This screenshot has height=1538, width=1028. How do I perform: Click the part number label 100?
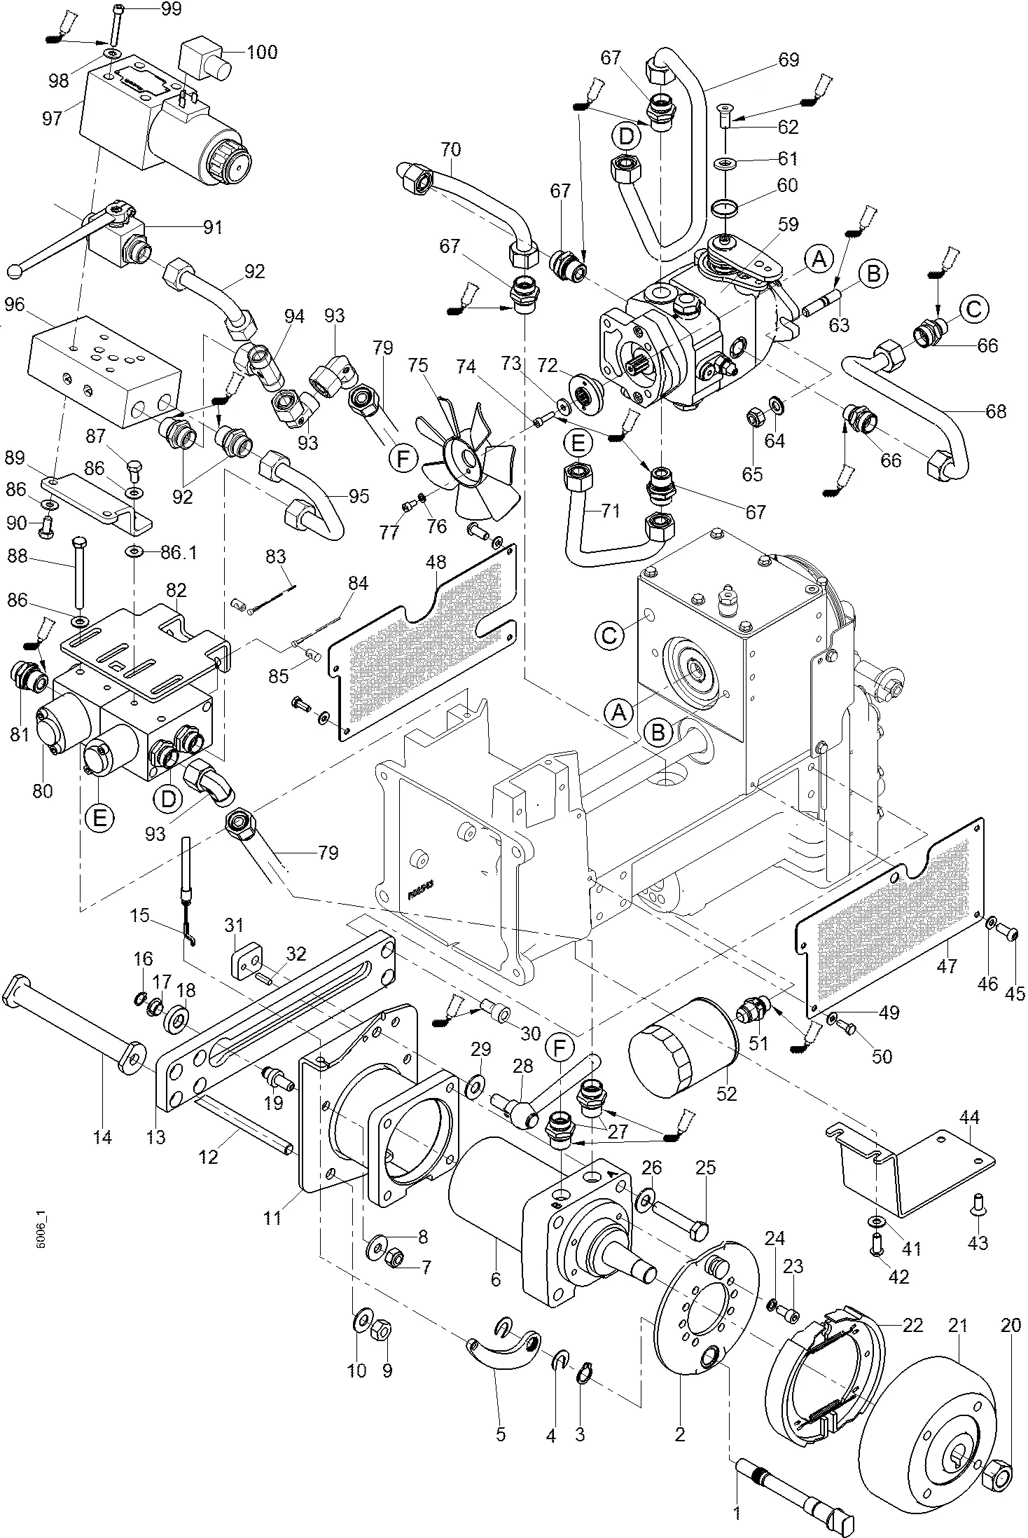(x=262, y=52)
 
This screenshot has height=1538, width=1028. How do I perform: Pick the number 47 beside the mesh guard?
(x=947, y=966)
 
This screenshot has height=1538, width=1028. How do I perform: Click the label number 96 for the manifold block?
(x=14, y=305)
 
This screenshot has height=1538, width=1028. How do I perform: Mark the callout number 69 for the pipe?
(x=789, y=60)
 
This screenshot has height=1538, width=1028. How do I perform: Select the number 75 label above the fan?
(x=418, y=368)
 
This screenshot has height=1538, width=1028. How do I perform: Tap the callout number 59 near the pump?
(x=788, y=225)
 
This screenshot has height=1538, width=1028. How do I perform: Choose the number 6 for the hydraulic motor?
(x=496, y=1279)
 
